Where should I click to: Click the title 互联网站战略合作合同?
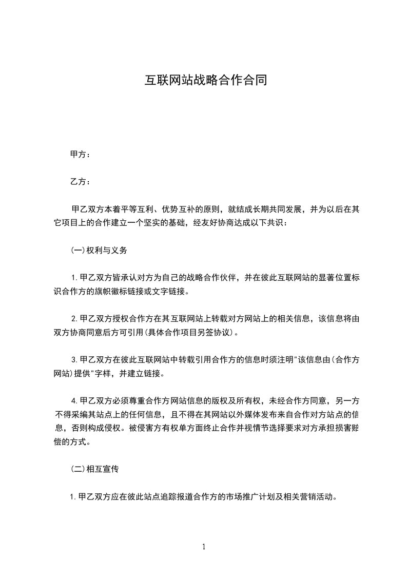pyautogui.click(x=205, y=80)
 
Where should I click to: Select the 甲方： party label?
pyautogui.click(x=80, y=154)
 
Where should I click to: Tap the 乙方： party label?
pyautogui.click(x=80, y=182)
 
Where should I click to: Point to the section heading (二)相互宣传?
pyautogui.click(x=95, y=469)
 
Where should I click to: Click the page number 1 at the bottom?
pyautogui.click(x=204, y=547)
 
